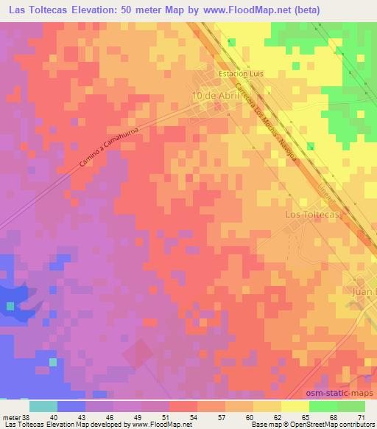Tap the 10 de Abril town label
point(216,96)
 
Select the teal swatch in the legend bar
point(43,406)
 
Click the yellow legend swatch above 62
point(268,406)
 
